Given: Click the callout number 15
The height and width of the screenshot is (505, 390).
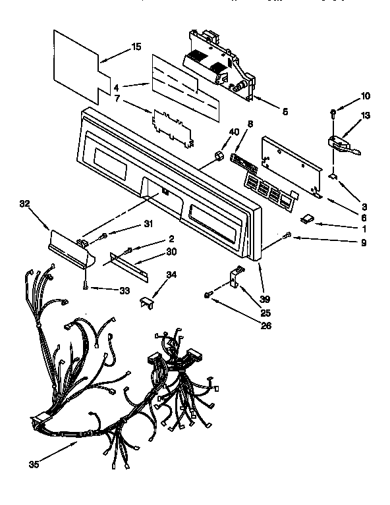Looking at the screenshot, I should pyautogui.click(x=136, y=47).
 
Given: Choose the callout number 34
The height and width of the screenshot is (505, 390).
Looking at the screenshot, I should pyautogui.click(x=171, y=275).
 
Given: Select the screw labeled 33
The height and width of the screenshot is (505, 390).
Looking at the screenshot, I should pyautogui.click(x=86, y=284).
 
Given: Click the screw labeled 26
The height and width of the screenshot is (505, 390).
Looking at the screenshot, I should pyautogui.click(x=209, y=297).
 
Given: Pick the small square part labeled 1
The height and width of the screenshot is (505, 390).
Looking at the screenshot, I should pyautogui.click(x=307, y=220).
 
